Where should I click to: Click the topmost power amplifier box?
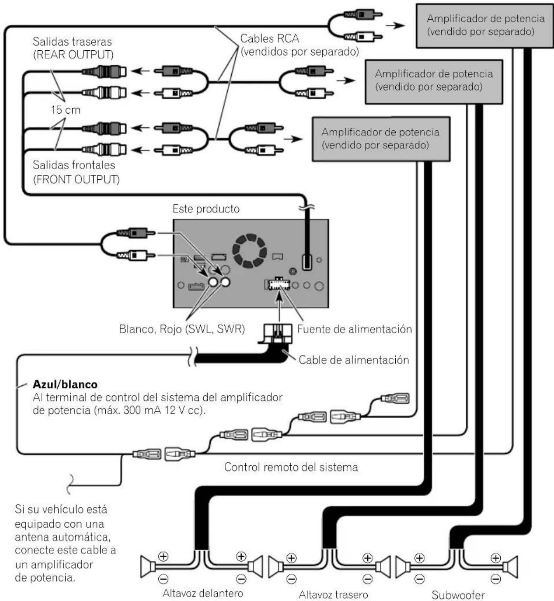tap(485, 26)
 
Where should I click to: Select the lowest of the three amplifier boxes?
tap(381, 139)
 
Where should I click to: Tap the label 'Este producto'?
tap(206, 209)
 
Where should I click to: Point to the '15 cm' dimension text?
tap(66, 110)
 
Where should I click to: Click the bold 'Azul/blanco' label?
tap(65, 384)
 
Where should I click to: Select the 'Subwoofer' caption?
tap(458, 594)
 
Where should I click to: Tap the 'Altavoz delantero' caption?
tap(203, 593)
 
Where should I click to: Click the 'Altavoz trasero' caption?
tap(334, 594)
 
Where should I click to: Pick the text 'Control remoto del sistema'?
tap(291, 467)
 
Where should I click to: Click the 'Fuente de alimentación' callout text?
tap(355, 329)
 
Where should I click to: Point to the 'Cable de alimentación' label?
tap(354, 360)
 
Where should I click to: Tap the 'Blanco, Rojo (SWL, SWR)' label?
tap(182, 329)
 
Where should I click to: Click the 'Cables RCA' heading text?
tap(270, 39)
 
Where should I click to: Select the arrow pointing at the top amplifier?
tap(395, 26)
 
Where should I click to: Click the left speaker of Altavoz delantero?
tap(148, 566)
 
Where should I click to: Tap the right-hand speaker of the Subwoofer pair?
tap(510, 566)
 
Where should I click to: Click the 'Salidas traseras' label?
tap(72, 42)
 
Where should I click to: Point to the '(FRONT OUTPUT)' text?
tap(76, 179)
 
